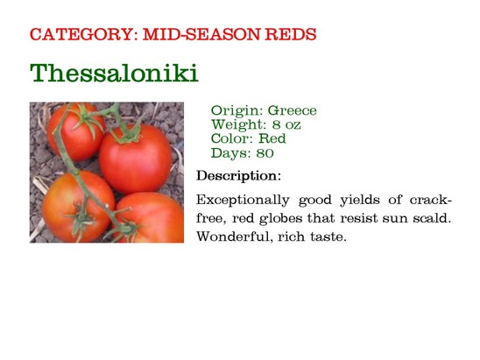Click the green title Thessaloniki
(x=114, y=73)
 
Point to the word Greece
(x=293, y=110)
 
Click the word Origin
(x=236, y=111)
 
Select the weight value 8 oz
(x=286, y=124)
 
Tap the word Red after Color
(x=272, y=138)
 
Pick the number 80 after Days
(x=265, y=153)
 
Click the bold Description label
(x=238, y=176)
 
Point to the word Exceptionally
(x=243, y=201)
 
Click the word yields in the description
(x=360, y=201)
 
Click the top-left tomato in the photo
(x=76, y=132)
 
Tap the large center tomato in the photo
(x=136, y=159)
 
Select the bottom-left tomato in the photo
(x=78, y=207)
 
